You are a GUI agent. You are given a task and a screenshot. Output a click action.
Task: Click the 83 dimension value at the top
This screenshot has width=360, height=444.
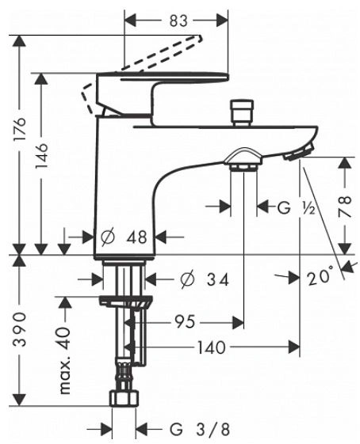pyautogui.click(x=178, y=21)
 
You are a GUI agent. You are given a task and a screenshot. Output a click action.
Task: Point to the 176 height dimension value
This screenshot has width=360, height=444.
pyautogui.click(x=20, y=129)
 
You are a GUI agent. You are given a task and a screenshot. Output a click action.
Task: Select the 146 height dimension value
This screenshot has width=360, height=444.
pyautogui.click(x=41, y=155)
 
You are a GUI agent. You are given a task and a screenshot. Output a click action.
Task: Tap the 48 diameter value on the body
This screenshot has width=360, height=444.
pyautogui.click(x=136, y=237)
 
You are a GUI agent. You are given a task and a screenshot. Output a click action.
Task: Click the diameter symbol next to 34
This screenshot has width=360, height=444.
pyautogui.click(x=188, y=279)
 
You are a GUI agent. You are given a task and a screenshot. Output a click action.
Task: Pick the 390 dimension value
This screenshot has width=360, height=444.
pyautogui.click(x=20, y=329)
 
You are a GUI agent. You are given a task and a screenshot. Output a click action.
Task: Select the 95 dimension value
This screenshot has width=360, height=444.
pyautogui.click(x=185, y=322)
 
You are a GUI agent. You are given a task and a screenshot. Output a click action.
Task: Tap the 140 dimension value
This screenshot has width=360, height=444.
pyautogui.click(x=212, y=347)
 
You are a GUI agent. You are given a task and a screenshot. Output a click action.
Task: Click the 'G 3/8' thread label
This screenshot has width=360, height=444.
pyautogui.click(x=199, y=429)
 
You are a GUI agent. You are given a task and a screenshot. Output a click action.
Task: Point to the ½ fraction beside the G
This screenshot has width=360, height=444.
pyautogui.click(x=308, y=209)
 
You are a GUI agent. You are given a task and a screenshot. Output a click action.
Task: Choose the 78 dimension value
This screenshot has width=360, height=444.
pyautogui.click(x=345, y=206)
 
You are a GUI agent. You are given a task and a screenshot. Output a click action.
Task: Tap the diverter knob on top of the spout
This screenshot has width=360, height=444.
pyautogui.click(x=242, y=112)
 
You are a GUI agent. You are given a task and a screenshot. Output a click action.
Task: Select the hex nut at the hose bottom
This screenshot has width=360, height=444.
pyautogui.click(x=125, y=398)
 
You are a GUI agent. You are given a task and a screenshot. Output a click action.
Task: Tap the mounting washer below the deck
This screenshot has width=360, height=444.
pyautogui.click(x=125, y=302)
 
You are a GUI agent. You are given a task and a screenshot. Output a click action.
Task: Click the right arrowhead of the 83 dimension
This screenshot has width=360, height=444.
pyautogui.click(x=222, y=21)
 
